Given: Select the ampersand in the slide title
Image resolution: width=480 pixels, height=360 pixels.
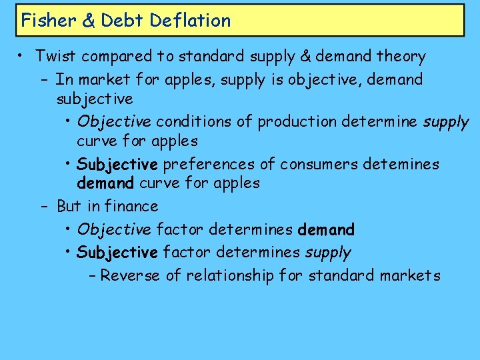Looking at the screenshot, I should click(x=89, y=20).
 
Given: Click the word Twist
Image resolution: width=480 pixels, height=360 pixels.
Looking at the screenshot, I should click(x=56, y=57).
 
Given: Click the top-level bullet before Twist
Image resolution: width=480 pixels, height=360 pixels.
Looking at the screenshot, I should click(x=22, y=57).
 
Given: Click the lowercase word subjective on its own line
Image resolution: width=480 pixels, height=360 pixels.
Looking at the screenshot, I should click(x=95, y=99).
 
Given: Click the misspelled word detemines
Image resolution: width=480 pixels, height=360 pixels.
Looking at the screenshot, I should click(x=400, y=164).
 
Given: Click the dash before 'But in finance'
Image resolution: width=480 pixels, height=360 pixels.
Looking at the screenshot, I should click(x=44, y=206).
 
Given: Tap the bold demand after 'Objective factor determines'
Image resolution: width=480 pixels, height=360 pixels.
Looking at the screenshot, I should click(x=327, y=230).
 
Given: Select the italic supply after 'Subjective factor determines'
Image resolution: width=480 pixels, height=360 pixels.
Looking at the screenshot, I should click(x=328, y=253).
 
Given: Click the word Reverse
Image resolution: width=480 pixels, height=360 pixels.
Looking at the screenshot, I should click(x=130, y=275).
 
